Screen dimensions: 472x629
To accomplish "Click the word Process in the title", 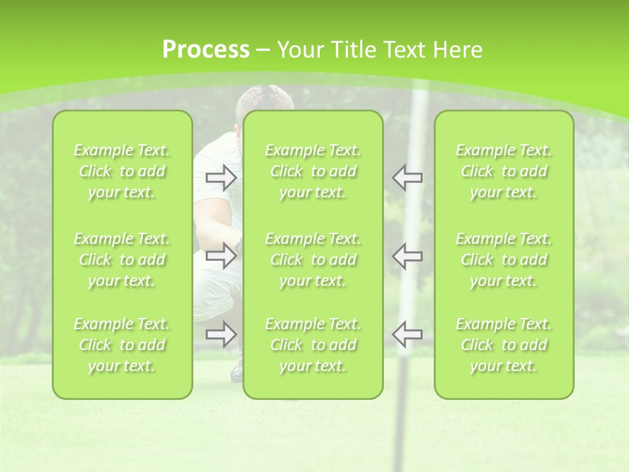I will tap(206, 50).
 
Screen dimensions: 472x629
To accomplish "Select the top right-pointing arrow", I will tap(221, 178).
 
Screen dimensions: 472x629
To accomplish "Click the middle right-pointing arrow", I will tap(221, 256).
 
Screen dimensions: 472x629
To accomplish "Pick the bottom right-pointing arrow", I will tap(221, 334).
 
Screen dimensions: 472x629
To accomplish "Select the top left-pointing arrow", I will tap(408, 178).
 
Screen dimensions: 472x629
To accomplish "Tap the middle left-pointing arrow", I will tap(408, 256).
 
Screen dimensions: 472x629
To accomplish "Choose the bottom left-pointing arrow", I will tap(408, 334).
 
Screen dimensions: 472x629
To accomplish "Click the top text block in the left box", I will tap(122, 171).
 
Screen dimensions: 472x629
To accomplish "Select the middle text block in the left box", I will tap(122, 260).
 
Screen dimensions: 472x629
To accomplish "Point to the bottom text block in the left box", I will tap(122, 345).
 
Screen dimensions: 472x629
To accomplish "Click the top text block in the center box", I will tap(313, 171).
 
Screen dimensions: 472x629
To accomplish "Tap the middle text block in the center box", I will tap(313, 260).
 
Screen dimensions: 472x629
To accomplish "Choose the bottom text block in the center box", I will tap(313, 345).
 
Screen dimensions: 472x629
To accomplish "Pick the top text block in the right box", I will tap(504, 171).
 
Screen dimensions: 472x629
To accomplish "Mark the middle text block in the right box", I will tap(504, 260).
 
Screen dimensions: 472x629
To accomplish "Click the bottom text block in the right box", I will tap(504, 345).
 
